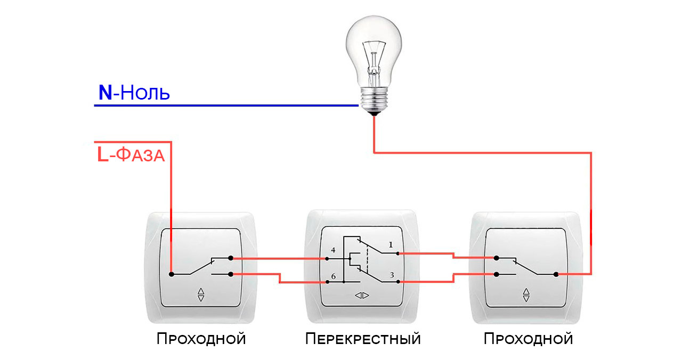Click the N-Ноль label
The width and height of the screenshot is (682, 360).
(x=134, y=93)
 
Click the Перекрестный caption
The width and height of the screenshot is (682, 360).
(x=363, y=339)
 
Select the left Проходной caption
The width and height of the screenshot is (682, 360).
(x=201, y=339)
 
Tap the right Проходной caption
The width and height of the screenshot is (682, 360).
(x=528, y=339)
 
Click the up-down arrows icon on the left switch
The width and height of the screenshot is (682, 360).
(x=201, y=294)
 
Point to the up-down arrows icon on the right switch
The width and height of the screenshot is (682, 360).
(x=526, y=294)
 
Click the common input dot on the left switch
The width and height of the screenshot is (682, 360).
(x=171, y=274)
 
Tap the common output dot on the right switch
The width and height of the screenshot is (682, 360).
(x=556, y=274)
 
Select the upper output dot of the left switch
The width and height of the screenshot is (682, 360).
(x=230, y=258)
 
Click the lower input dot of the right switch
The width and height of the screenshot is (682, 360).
(x=497, y=274)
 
